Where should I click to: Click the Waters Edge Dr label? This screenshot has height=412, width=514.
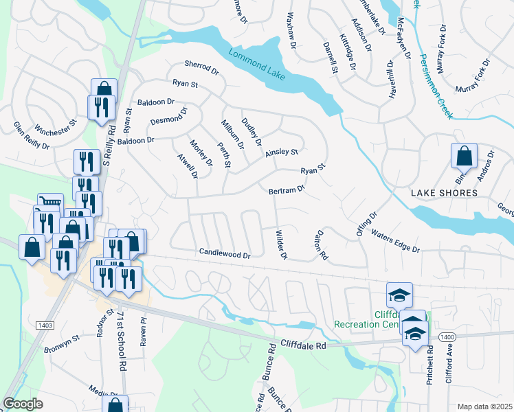(395, 240)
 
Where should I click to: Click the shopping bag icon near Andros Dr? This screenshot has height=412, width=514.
(464, 156)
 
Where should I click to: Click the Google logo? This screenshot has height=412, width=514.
(23, 403)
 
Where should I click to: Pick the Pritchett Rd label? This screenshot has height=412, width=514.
(429, 370)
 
